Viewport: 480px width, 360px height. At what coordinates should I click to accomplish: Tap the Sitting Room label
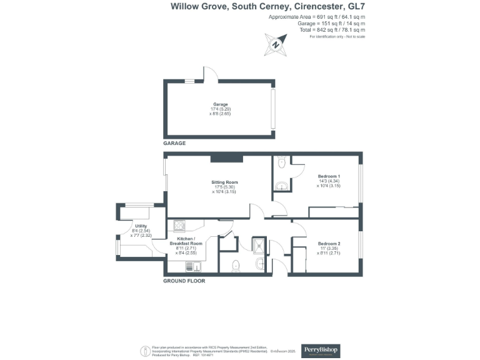click(224, 182)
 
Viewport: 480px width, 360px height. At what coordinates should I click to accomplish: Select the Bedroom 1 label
click(329, 176)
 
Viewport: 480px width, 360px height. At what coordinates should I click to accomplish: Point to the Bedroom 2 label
click(329, 243)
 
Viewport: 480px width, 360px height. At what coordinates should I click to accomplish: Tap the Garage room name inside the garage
click(220, 104)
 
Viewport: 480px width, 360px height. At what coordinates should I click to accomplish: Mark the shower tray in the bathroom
click(259, 244)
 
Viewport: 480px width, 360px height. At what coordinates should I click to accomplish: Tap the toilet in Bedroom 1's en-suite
click(281, 163)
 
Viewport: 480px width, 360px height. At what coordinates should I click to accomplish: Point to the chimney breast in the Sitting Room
click(222, 157)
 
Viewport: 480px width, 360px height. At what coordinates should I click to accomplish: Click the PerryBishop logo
click(321, 349)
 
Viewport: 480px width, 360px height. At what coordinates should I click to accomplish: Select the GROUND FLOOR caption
click(184, 281)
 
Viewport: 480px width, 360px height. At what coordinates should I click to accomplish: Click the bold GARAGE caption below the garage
click(175, 143)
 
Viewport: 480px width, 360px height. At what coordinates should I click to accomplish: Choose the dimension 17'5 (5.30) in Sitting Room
click(224, 187)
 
